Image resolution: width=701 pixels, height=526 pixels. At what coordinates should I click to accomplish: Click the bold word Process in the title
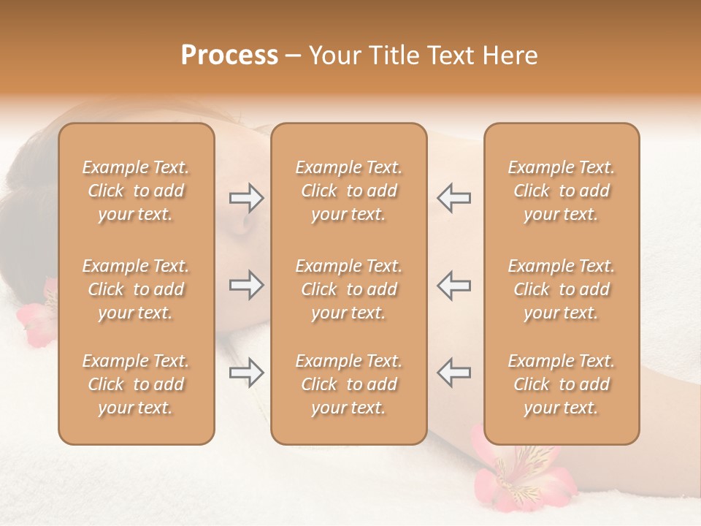tap(229, 56)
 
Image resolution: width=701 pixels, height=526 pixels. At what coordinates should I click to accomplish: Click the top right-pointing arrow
tap(246, 198)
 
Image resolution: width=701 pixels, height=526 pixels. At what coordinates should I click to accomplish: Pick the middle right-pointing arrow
tap(246, 286)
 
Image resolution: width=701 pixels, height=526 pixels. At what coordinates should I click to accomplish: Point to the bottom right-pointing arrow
tap(246, 373)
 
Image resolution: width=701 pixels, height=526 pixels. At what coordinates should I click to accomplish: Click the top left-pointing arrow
tap(453, 198)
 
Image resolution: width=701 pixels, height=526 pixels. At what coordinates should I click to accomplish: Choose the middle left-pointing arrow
tap(453, 286)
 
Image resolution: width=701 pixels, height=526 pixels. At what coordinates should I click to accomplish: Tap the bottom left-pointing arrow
tap(453, 373)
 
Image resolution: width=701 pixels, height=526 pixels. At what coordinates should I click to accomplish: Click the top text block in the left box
tap(136, 191)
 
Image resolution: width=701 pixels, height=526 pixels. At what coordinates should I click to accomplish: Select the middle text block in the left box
tap(136, 289)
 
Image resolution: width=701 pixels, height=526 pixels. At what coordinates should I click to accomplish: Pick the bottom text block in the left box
tap(136, 384)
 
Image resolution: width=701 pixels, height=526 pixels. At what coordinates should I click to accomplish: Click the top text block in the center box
tap(349, 191)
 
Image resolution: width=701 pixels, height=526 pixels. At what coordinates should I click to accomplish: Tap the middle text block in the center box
tap(349, 289)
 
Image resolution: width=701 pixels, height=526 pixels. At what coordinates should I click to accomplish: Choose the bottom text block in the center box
tap(349, 384)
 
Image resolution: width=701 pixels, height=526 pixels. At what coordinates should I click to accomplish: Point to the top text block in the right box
tap(562, 191)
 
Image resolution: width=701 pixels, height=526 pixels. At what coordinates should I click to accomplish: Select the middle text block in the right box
tap(562, 289)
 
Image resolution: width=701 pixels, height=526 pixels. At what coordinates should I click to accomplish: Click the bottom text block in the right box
tap(562, 384)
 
